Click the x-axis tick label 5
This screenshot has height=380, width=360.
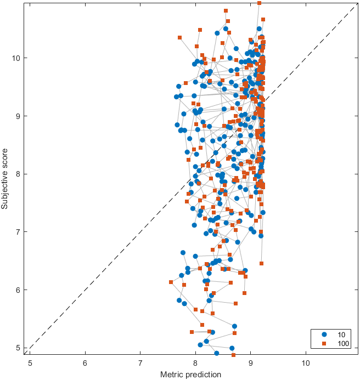click(x=30, y=362)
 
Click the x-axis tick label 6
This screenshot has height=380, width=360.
click(x=85, y=362)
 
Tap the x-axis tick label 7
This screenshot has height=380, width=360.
click(x=140, y=362)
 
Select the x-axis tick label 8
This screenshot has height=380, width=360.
click(x=195, y=362)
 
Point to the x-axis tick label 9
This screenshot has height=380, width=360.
click(x=251, y=362)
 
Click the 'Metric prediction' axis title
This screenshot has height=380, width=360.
click(x=190, y=374)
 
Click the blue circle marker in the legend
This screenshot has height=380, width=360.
click(x=324, y=334)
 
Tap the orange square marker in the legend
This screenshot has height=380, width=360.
click(x=324, y=343)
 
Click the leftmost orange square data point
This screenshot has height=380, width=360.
click(x=171, y=282)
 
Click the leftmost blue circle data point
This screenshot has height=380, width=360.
click(x=176, y=97)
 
